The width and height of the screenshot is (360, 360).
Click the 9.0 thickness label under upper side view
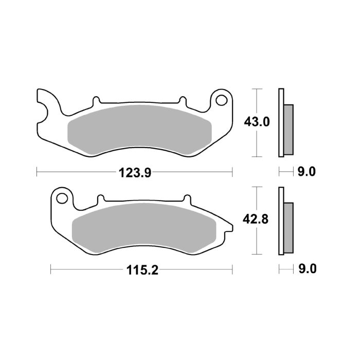point(306,172)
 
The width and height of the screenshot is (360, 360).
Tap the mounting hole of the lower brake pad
point(62,197)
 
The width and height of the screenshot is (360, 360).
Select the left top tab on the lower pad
point(101,198)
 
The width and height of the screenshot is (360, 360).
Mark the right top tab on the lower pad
point(186,198)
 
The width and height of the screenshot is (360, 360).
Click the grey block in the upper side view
point(288,129)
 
